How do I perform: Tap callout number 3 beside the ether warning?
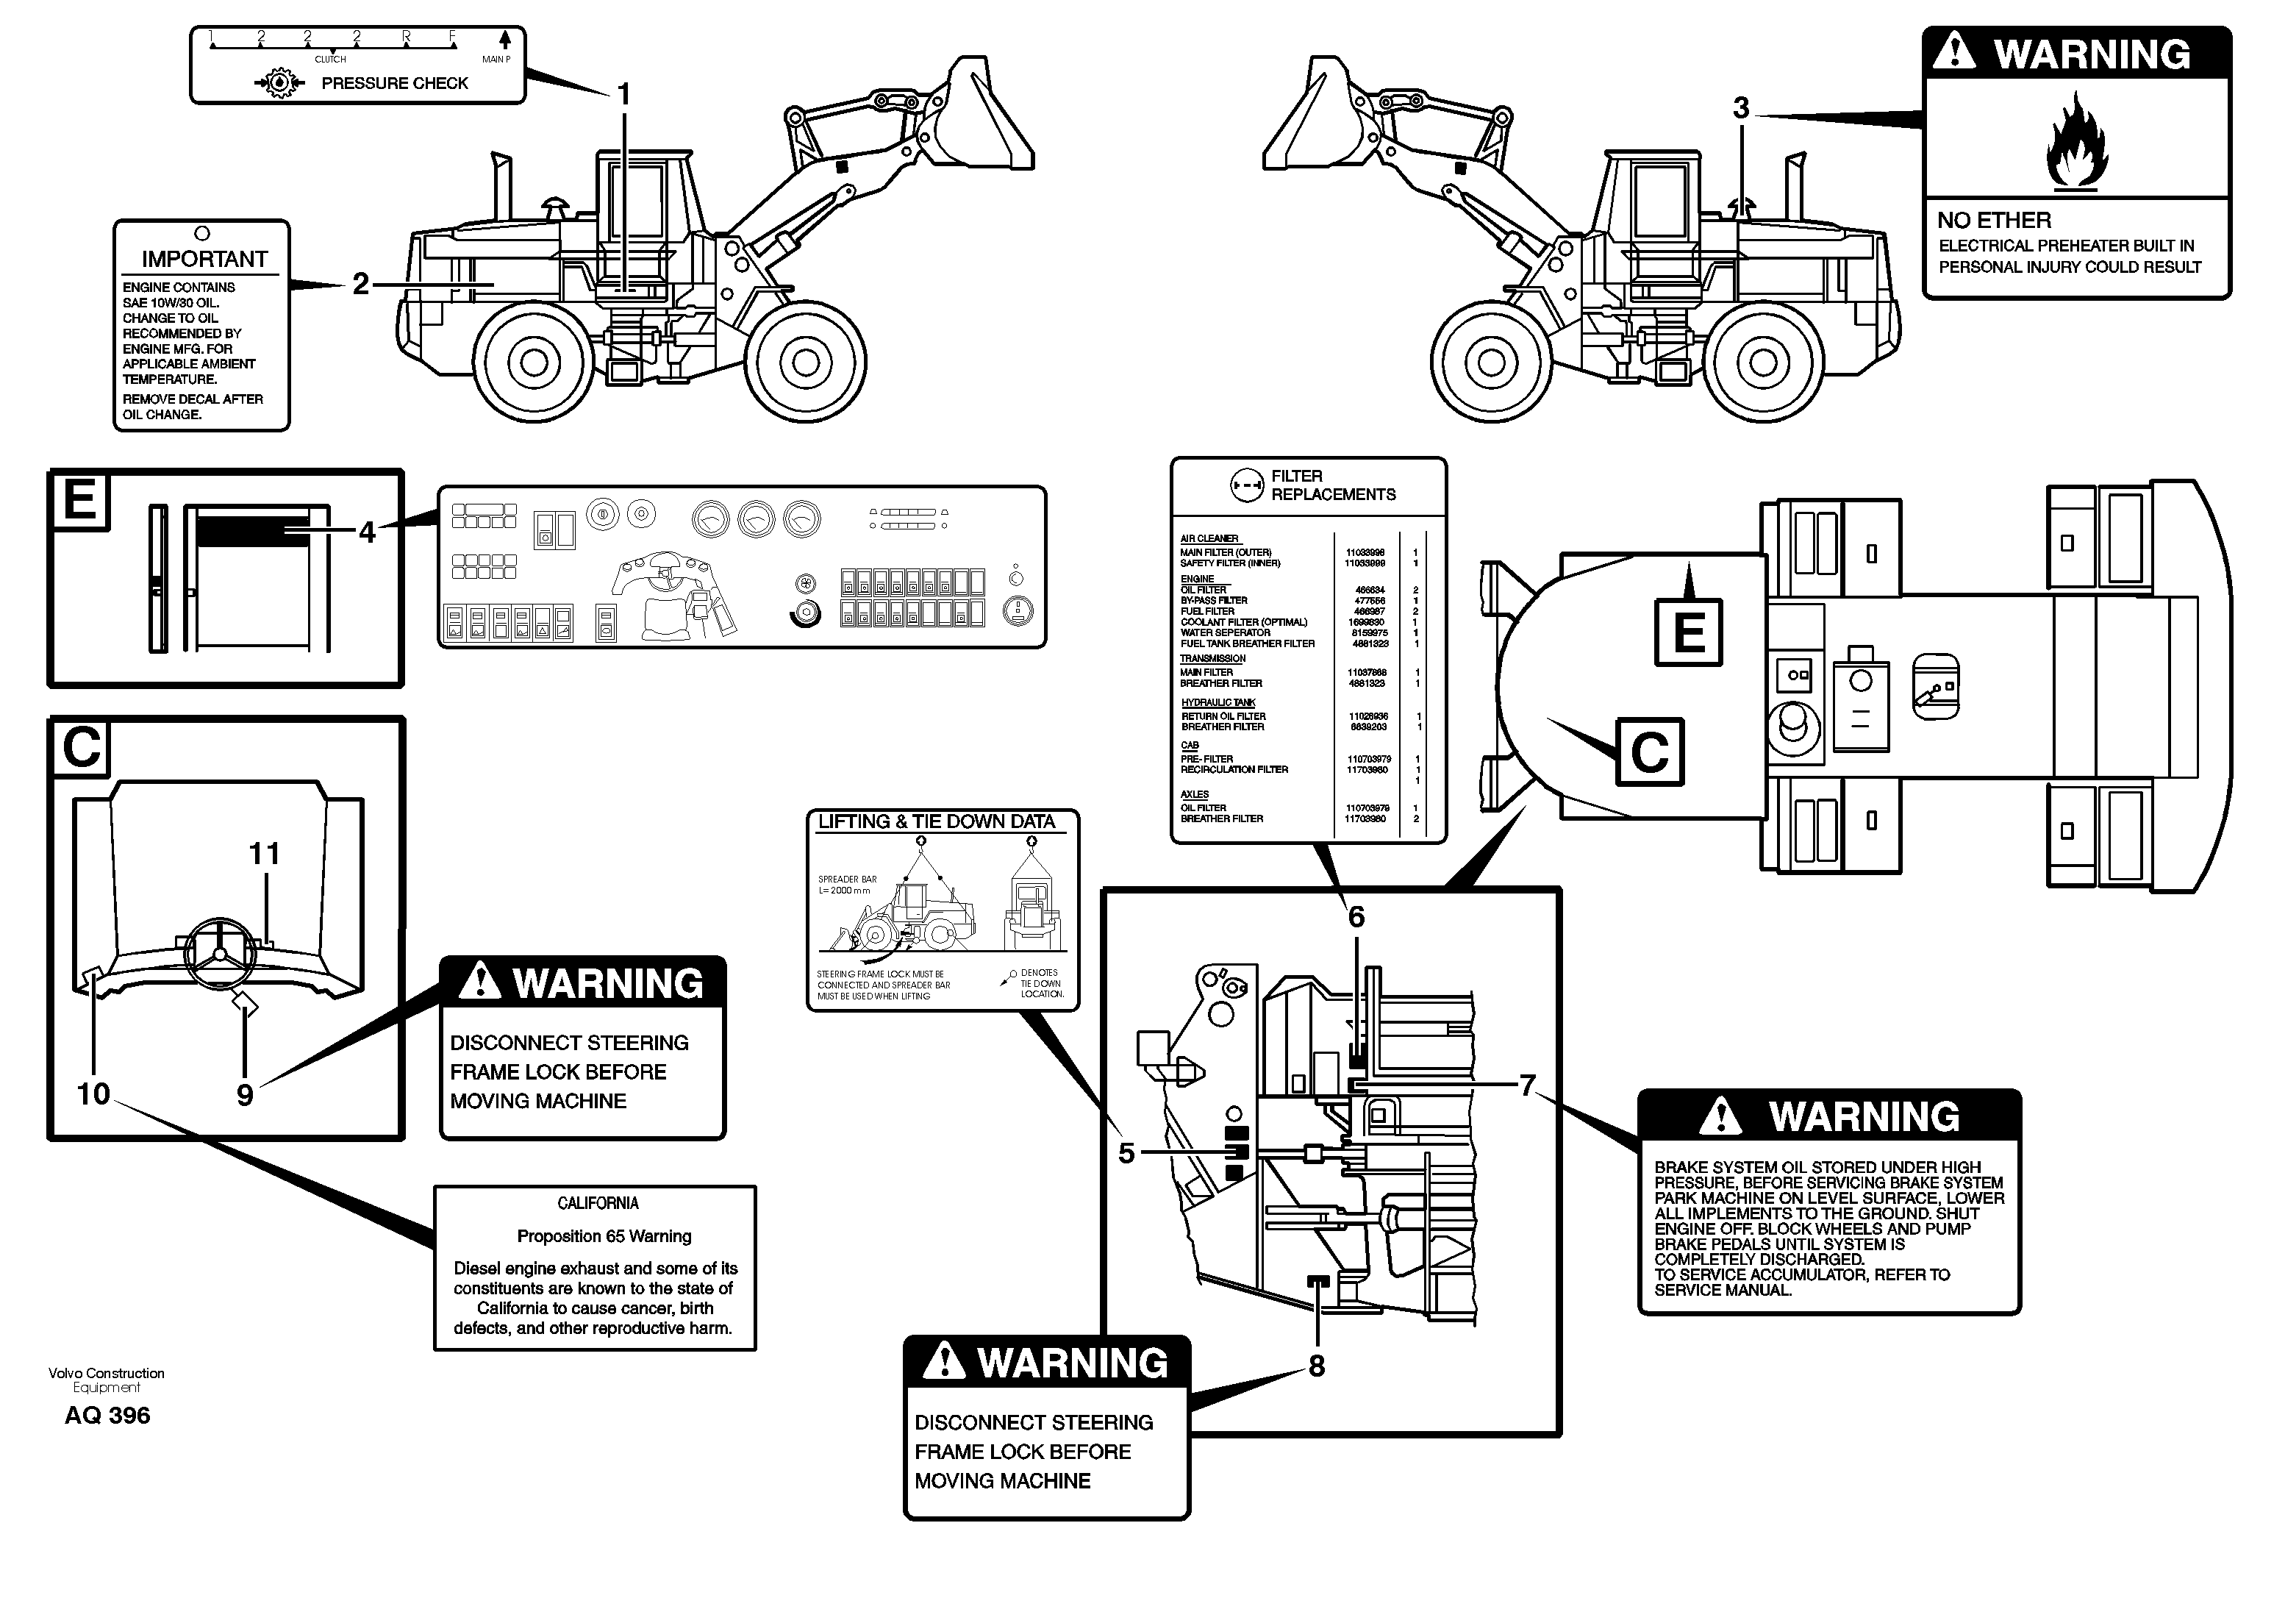pyautogui.click(x=1740, y=108)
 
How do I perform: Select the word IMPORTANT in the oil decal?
pyautogui.click(x=204, y=260)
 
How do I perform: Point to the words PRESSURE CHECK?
pyautogui.click(x=394, y=83)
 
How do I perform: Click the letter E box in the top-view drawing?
pyautogui.click(x=1689, y=633)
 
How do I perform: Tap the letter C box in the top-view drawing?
pyautogui.click(x=1649, y=752)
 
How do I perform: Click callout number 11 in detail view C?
pyautogui.click(x=263, y=853)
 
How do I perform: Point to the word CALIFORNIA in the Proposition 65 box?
pyautogui.click(x=597, y=1204)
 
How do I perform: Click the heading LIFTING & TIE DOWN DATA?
pyautogui.click(x=936, y=821)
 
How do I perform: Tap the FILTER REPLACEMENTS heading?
pyautogui.click(x=1332, y=485)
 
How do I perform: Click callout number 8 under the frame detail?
pyautogui.click(x=1316, y=1366)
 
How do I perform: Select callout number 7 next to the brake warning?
pyautogui.click(x=1527, y=1086)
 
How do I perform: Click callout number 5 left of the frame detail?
pyautogui.click(x=1126, y=1153)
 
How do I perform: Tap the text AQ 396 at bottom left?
pyautogui.click(x=107, y=1416)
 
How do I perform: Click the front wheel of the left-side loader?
pyautogui.click(x=805, y=363)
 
